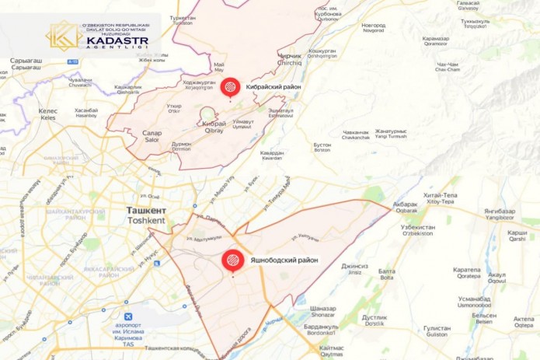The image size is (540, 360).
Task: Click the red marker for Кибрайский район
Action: [x=231, y=87]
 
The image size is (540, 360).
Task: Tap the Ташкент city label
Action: [x=146, y=211]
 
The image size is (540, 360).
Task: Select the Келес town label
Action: [x=48, y=111]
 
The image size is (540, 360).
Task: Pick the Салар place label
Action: [x=152, y=133]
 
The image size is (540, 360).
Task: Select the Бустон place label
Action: [x=322, y=145]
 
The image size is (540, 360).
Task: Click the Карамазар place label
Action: [x=436, y=38]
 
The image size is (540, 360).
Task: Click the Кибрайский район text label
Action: [x=273, y=87]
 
